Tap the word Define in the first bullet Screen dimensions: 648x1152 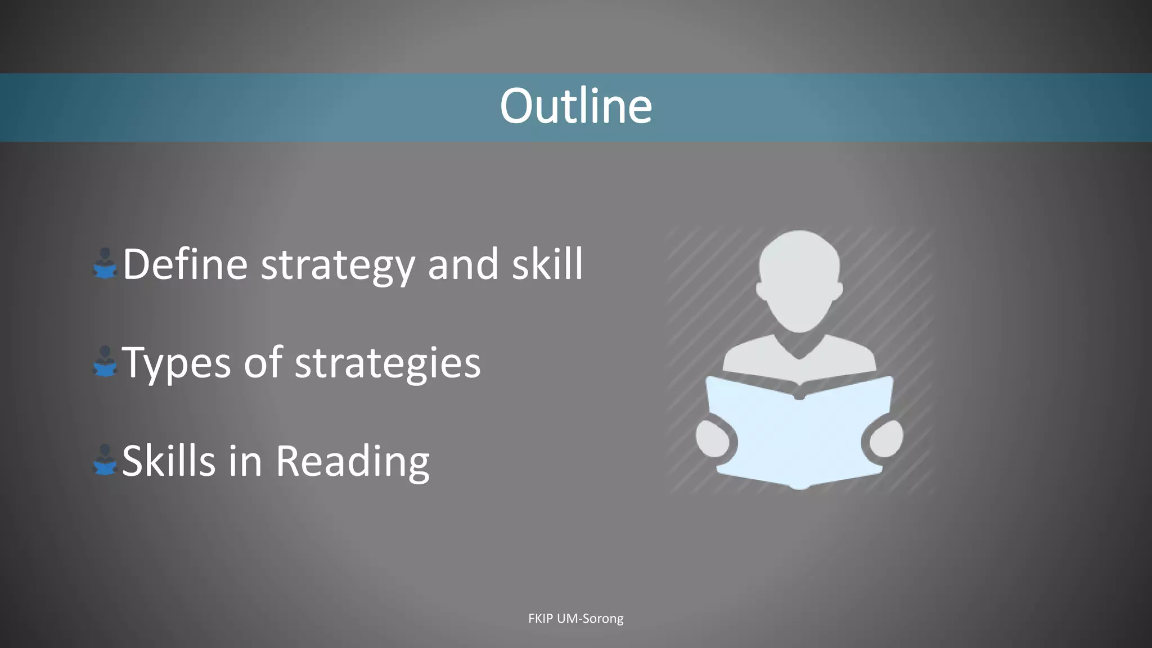tap(185, 264)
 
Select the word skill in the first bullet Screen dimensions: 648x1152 tap(547, 264)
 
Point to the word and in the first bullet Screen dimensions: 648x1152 tap(463, 264)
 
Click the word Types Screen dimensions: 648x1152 tap(176, 363)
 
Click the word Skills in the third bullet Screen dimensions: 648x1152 tap(169, 461)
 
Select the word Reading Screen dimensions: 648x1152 tap(353, 462)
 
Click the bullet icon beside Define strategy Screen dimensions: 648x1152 tap(105, 263)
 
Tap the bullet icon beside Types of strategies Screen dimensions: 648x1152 tap(105, 362)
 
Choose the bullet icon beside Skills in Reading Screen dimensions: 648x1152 tap(105, 460)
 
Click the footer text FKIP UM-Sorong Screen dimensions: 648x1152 tap(575, 618)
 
